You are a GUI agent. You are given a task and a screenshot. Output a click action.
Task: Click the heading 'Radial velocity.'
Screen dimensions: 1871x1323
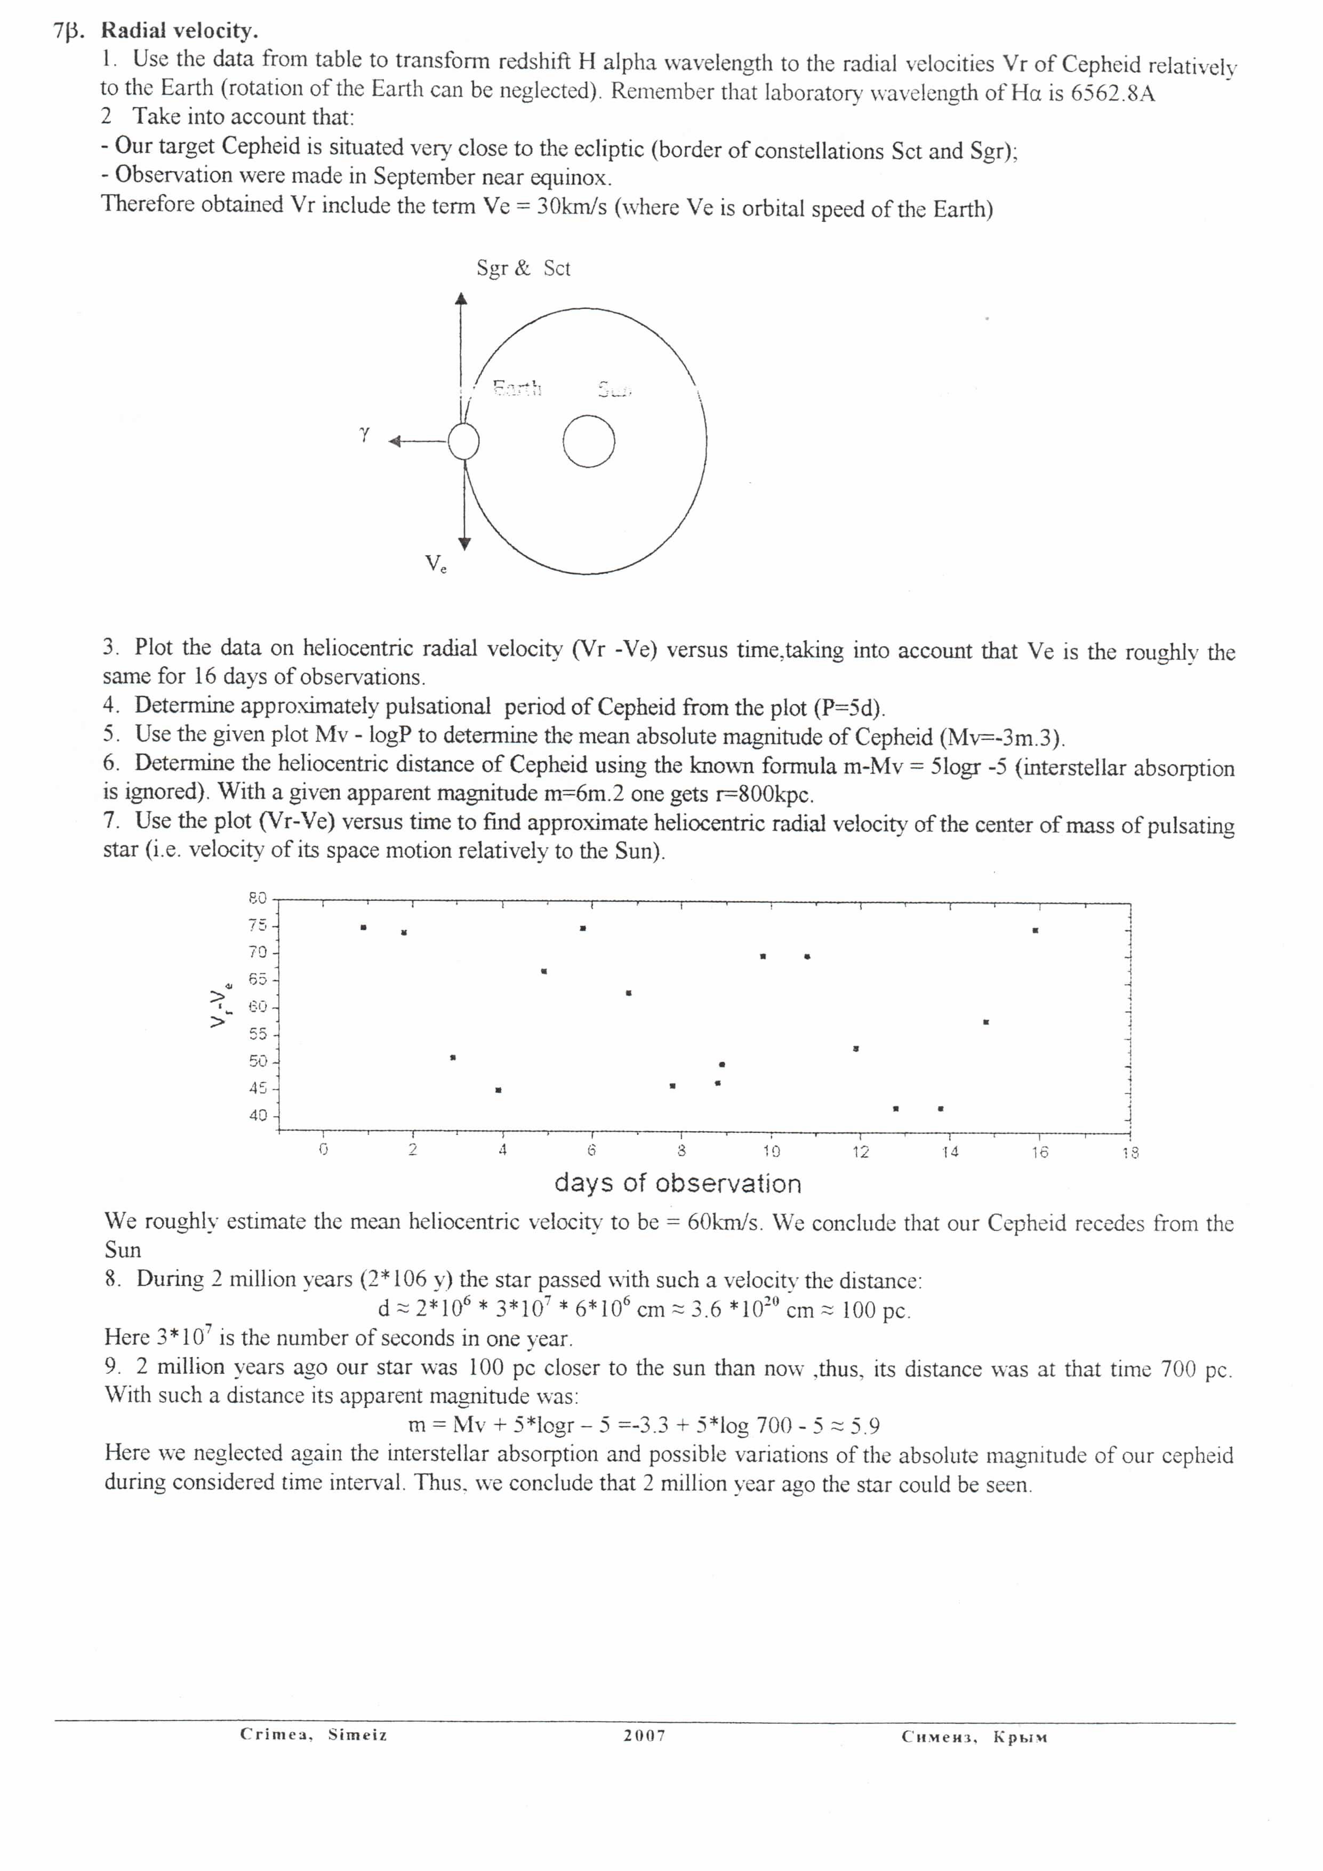[179, 31]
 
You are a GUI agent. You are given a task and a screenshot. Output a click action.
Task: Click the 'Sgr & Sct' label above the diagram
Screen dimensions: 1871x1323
[523, 268]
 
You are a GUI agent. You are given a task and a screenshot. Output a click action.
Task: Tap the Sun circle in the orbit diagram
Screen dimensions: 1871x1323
[588, 442]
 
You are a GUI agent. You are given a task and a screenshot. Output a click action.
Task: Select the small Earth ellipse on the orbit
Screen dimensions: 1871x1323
[463, 442]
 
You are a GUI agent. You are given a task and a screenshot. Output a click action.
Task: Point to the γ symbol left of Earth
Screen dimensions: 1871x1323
[364, 434]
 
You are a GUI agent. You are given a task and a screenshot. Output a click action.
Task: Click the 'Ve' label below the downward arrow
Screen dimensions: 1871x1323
[435, 564]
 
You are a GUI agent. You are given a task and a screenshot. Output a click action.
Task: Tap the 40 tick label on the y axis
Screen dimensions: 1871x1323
[258, 1116]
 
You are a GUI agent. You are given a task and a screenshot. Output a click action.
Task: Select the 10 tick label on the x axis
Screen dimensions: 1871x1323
[771, 1152]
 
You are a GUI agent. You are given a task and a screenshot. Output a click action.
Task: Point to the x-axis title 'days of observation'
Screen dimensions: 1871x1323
[678, 1183]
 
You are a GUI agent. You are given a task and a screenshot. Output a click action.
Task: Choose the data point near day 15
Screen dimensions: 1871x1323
[987, 1022]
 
